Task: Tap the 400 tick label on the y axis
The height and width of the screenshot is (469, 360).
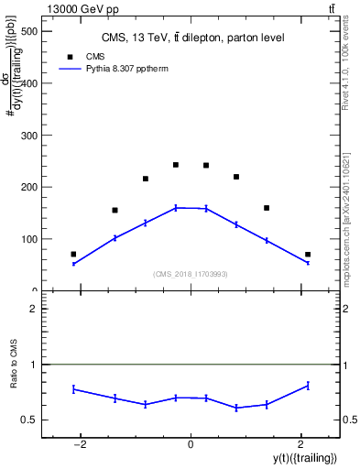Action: (29, 83)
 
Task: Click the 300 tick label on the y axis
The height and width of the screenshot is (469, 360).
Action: (29, 136)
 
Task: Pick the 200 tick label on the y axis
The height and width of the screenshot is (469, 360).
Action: (29, 187)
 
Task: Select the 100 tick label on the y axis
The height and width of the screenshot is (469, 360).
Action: (29, 239)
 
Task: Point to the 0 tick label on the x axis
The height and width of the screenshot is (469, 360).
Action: (191, 444)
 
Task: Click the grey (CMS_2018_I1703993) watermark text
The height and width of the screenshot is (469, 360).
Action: (191, 274)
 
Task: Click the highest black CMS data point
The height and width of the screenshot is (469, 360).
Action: (176, 165)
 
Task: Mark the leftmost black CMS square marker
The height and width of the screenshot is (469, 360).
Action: (73, 254)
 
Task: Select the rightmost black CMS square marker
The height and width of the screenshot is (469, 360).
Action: (308, 254)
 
